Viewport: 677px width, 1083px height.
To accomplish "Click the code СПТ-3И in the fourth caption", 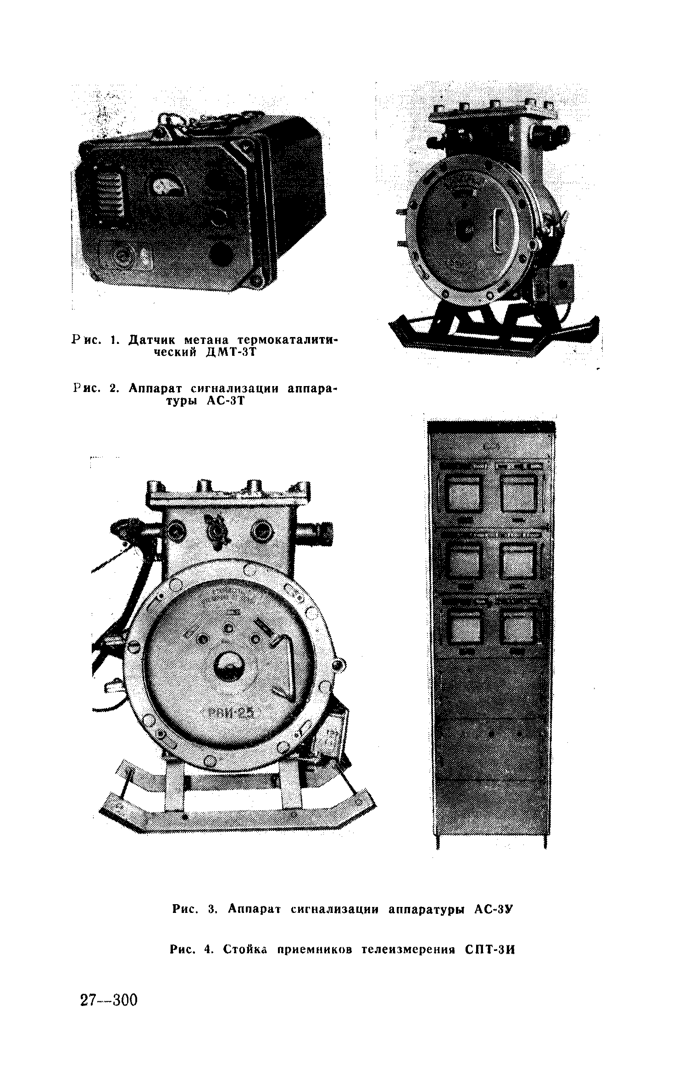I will click(x=490, y=950).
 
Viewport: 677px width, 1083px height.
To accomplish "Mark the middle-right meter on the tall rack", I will click(x=518, y=560).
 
